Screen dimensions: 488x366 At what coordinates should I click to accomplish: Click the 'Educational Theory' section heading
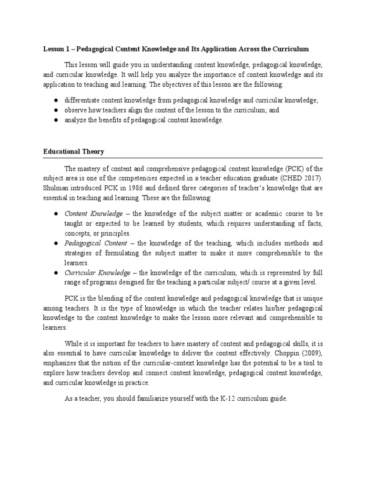pos(74,152)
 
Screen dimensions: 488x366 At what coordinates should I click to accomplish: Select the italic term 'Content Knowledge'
pos(93,214)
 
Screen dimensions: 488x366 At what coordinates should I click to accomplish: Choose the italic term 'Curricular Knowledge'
pos(97,273)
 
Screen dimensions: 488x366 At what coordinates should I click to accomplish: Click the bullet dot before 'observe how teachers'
pos(56,110)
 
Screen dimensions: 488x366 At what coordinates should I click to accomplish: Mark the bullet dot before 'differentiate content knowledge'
pos(56,100)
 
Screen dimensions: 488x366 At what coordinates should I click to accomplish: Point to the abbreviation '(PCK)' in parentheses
pos(295,168)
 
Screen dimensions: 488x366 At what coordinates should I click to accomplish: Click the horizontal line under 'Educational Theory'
pos(183,158)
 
